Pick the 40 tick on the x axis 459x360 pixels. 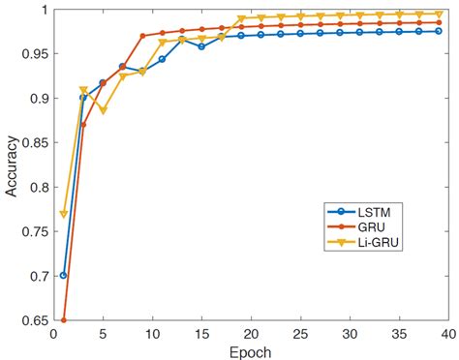coord(446,333)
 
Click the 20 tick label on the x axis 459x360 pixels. coord(250,333)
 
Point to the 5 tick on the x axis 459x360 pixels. coord(103,333)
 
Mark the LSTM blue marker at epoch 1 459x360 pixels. coord(64,275)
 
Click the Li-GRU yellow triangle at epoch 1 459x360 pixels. coord(64,214)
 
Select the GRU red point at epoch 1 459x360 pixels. coord(64,319)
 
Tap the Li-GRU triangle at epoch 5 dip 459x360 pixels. coord(103,110)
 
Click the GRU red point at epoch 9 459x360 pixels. coord(142,36)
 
